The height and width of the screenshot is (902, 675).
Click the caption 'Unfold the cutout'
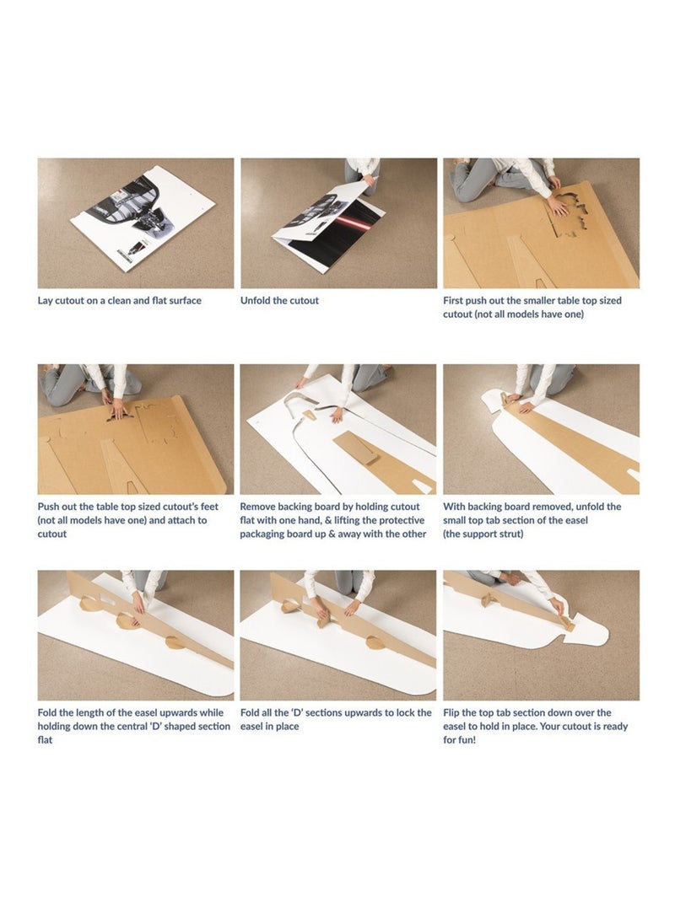point(279,300)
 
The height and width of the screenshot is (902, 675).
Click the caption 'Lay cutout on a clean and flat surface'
point(119,300)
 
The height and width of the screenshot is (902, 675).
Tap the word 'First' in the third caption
point(453,300)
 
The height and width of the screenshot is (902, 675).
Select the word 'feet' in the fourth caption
point(208,507)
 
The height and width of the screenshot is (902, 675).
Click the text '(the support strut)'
point(483,534)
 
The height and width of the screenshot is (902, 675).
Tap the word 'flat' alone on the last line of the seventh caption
point(45,740)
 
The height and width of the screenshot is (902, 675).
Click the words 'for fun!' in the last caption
point(460,740)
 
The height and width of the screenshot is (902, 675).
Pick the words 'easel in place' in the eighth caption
point(269,727)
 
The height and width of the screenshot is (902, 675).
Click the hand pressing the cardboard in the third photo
point(557,204)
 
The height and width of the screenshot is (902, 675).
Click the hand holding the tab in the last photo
point(557,606)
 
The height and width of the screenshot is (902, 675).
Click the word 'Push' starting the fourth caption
point(48,507)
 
